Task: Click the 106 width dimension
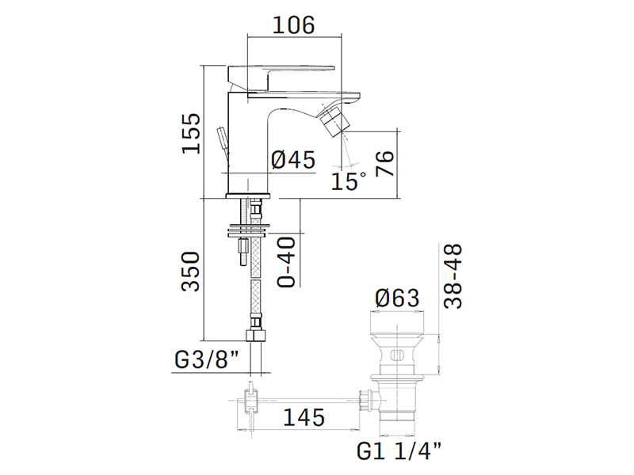tap(294, 25)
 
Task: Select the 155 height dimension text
tap(191, 133)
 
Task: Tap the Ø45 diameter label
tap(292, 160)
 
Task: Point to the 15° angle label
tap(348, 180)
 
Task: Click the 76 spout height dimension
tap(384, 163)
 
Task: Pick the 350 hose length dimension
tap(191, 272)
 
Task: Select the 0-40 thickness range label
tap(286, 262)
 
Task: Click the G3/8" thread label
tap(207, 359)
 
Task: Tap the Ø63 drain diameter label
tap(397, 298)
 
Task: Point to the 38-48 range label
tap(453, 275)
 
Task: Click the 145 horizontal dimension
tap(304, 417)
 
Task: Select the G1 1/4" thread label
tap(399, 450)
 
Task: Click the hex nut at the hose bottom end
tap(256, 336)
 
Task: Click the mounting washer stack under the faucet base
tap(249, 230)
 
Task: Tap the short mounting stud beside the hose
tap(244, 253)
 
